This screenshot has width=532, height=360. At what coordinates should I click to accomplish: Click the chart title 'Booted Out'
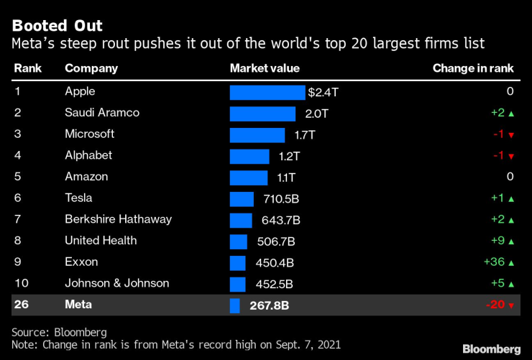pos(58,26)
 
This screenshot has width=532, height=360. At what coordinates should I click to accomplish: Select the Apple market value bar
pos(267,93)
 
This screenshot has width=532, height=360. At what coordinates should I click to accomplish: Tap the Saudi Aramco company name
pos(102,113)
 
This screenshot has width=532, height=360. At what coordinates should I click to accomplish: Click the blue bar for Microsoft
pos(257,134)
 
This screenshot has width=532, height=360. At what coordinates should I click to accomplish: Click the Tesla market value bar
pos(242,199)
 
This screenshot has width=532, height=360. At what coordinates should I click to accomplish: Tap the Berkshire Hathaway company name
pos(118,219)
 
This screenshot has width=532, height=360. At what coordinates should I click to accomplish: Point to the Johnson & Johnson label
pos(117,283)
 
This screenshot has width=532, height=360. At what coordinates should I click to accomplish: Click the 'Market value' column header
pos(265,68)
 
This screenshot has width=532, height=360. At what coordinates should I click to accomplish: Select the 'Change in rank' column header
pos(473,68)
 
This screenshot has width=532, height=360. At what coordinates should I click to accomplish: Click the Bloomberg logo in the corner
pos(491,349)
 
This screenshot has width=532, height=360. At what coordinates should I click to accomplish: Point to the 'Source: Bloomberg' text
pos(58,332)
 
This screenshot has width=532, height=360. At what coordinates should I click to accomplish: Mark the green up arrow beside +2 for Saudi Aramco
pos(510,114)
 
